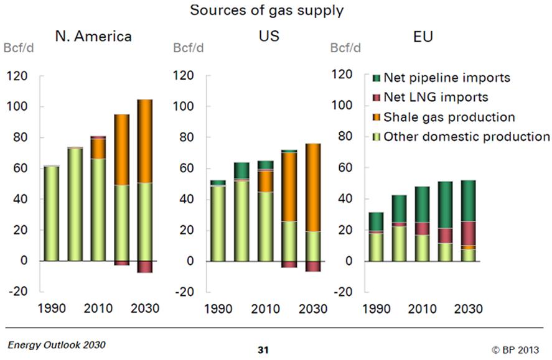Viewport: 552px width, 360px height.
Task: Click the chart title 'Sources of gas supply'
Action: click(x=276, y=11)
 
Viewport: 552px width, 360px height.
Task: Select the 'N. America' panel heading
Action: click(x=93, y=36)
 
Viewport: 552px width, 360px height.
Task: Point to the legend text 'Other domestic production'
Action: click(x=467, y=137)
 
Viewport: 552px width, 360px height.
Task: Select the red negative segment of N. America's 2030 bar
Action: click(x=144, y=267)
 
